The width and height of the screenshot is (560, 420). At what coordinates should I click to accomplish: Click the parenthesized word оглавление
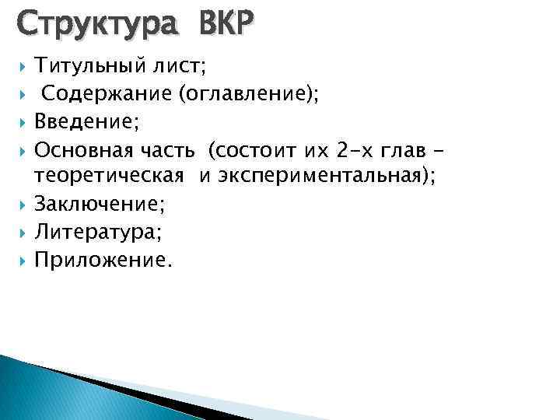(249, 95)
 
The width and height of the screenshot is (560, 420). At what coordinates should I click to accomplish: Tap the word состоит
(260, 149)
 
